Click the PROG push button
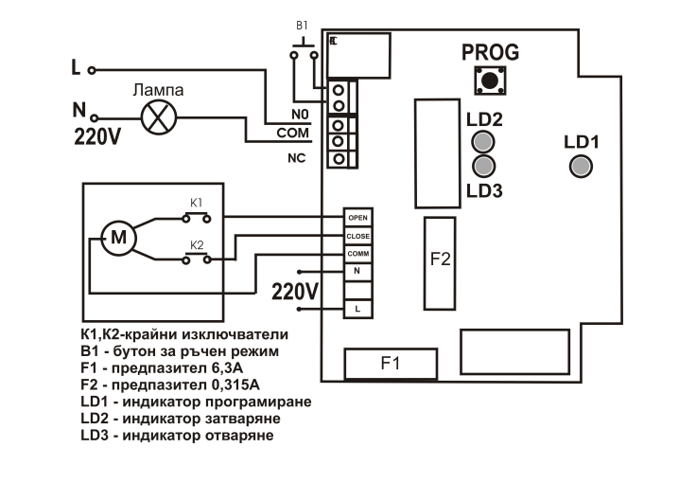coord(490,80)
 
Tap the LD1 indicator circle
coord(581,166)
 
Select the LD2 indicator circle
coord(483,141)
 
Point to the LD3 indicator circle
coord(483,166)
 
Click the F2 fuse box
coord(440,263)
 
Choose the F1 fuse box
coord(391,364)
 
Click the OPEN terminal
coord(357,218)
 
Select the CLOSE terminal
coord(357,237)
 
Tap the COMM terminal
coord(357,254)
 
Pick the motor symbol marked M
coord(118,238)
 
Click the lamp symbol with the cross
coord(159,117)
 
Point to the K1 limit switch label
coord(196,203)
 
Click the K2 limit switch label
coord(197,245)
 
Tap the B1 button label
coord(302,26)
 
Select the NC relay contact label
coord(297,158)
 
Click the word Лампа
coord(158,90)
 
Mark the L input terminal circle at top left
coord(92,70)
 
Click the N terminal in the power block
coord(357,272)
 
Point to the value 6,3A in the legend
coord(227,368)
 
